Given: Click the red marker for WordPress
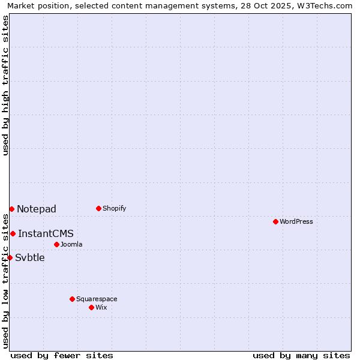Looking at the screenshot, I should coord(275,221).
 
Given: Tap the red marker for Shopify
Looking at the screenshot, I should coord(98,208).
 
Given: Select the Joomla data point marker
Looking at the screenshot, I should coord(56,244).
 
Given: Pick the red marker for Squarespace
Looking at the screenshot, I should coord(72,299).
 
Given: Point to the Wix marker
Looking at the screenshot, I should coord(91,307).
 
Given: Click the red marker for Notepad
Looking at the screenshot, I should coord(11,209).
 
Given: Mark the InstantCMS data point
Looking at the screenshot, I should coord(13,233).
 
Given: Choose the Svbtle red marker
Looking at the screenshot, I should coord(10,257).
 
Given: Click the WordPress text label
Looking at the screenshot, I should coord(296,221).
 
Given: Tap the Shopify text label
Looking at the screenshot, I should coord(114,208).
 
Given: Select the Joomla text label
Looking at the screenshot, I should coord(71,244).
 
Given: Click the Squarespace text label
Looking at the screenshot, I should coord(97,299).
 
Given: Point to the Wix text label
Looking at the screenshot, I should coord(101,307).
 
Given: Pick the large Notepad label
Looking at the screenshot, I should coord(37,209).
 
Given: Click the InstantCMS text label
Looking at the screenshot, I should coord(46,233).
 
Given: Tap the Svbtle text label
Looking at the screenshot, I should coord(30,257).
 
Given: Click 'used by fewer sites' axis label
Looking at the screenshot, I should coord(62,355).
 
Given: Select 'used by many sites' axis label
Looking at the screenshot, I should coord(301,355).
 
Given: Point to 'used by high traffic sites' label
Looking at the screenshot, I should coord(5,85).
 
